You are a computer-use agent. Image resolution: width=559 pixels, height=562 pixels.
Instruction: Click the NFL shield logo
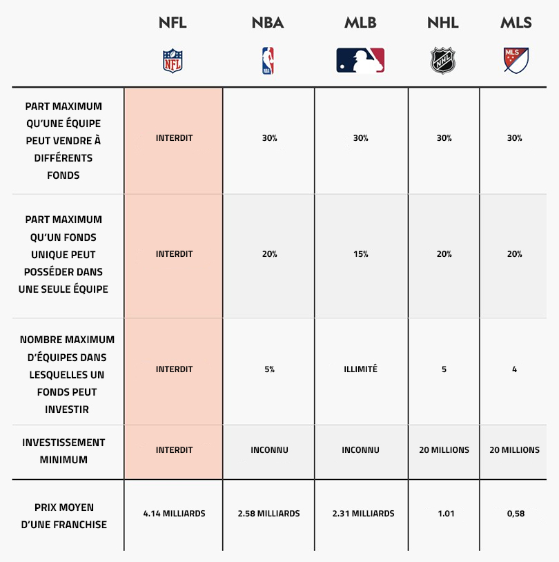point(173,61)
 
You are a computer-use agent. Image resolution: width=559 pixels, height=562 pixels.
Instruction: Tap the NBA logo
point(268,61)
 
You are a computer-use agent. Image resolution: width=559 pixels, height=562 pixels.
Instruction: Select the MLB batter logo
point(360,60)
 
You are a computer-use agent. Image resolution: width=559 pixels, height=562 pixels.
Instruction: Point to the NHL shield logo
point(443,61)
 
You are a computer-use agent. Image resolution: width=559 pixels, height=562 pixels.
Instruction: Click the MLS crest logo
point(516,61)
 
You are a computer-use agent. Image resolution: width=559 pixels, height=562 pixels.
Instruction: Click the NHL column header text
point(443,23)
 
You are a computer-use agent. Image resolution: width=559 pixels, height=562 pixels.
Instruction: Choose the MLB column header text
point(360,23)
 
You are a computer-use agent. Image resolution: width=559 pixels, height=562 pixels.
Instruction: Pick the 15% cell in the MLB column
point(360,254)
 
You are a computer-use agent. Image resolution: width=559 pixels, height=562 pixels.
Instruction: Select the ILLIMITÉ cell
point(360,369)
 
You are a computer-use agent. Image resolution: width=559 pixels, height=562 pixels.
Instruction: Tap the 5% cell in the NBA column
point(269,369)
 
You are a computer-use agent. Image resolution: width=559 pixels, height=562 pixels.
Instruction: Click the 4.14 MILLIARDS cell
point(174,514)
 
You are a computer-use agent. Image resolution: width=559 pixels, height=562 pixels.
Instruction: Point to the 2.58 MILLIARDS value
point(268,514)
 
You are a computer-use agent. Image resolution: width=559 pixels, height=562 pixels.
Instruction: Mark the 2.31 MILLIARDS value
point(363,514)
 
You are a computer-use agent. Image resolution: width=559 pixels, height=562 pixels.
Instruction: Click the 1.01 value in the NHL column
point(446,514)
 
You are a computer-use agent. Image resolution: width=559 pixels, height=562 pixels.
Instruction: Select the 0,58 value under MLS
point(516,514)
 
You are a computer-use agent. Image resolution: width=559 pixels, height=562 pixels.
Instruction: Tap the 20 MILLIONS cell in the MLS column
point(515,450)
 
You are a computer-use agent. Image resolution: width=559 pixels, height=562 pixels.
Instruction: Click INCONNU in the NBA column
point(269,450)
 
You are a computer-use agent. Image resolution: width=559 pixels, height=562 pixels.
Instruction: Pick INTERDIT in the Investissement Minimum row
point(174,450)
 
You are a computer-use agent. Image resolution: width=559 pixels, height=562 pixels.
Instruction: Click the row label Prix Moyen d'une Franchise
point(63,516)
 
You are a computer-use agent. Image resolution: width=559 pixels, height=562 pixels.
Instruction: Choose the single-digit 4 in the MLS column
point(515,369)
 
